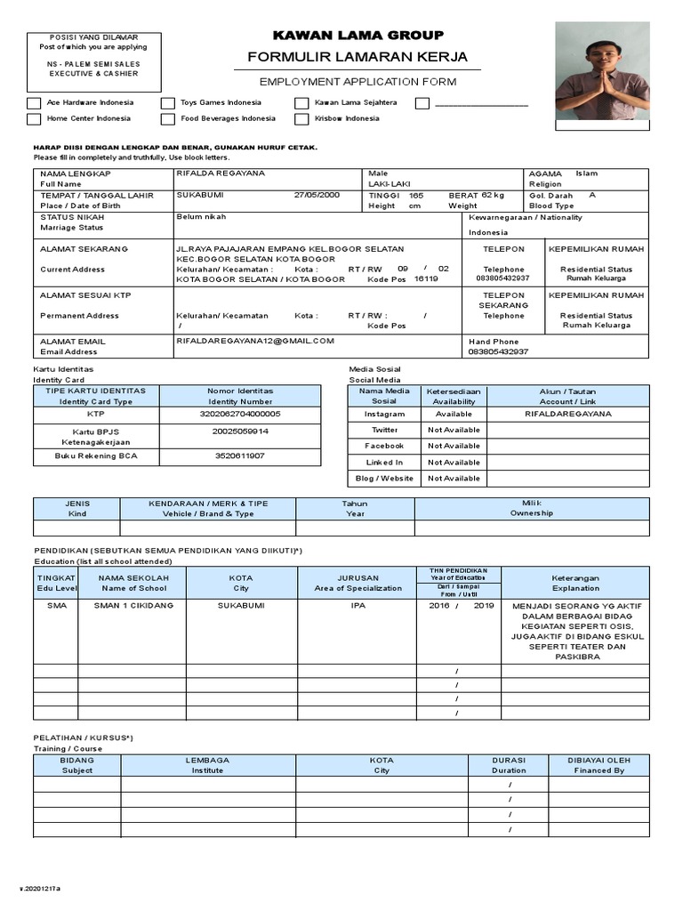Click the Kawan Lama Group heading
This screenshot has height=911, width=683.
tap(358, 36)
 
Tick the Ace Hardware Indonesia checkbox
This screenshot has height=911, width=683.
tap(34, 103)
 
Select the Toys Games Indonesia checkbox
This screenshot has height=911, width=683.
tap(168, 103)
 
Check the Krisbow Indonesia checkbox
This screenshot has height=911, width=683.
tap(302, 119)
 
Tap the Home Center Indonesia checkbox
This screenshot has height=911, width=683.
tap(34, 119)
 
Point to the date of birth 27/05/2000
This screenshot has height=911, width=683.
tap(317, 195)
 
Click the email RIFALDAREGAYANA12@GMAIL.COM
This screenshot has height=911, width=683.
tap(255, 341)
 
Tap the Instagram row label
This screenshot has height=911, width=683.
tap(385, 414)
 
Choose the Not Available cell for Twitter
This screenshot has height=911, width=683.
tap(454, 430)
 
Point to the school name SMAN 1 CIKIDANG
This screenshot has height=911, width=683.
tap(133, 605)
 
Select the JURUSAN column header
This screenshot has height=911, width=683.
tap(358, 583)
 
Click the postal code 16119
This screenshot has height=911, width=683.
tap(426, 278)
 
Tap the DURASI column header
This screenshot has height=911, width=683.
tap(510, 765)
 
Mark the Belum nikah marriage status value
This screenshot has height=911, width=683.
tap(201, 216)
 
